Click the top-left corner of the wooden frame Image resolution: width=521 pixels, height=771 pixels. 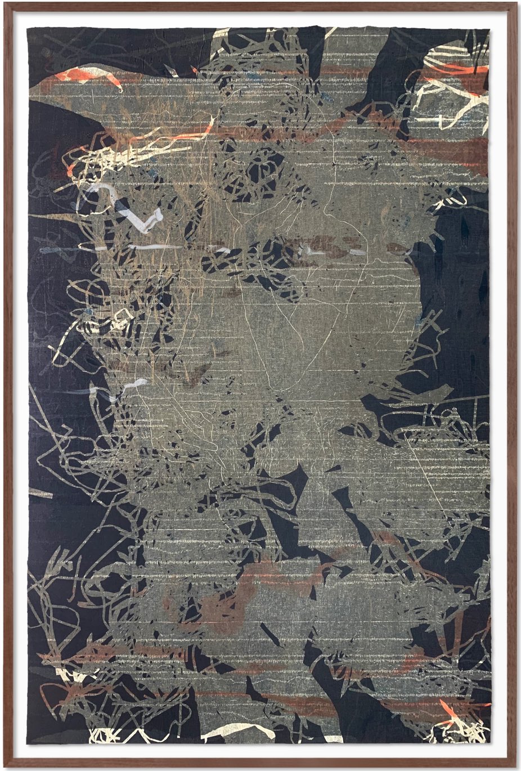point(3,3)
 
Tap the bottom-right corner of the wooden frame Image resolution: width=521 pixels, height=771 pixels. point(518,768)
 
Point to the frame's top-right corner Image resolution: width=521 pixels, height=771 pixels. point(518,3)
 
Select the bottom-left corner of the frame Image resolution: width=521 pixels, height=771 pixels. point(3,768)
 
